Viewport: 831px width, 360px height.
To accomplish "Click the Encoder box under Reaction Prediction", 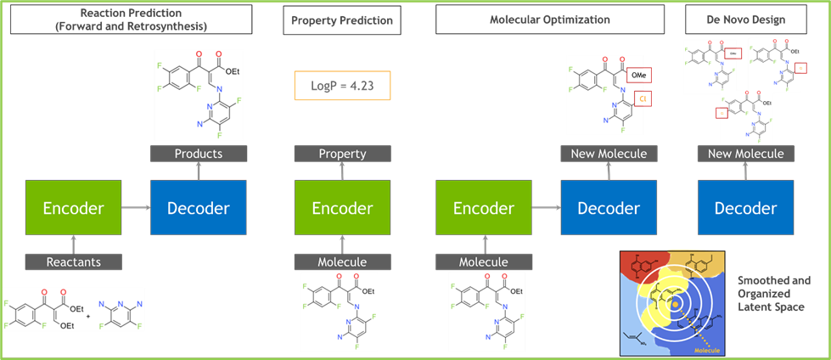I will coord(73,208).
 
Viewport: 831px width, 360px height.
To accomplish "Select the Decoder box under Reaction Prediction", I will coord(199,208).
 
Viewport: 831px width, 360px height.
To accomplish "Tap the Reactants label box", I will coord(73,262).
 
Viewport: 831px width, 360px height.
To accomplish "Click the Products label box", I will coord(199,154).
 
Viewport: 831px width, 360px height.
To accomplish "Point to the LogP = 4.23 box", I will coord(342,86).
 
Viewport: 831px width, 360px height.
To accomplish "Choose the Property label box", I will coord(342,154).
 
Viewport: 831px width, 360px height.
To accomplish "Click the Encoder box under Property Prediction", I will coord(342,208).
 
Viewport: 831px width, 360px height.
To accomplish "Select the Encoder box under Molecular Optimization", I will coord(483,208).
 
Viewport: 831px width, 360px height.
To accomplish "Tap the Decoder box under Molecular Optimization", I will coord(609,208).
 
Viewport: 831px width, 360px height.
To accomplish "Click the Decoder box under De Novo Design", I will coord(745,208).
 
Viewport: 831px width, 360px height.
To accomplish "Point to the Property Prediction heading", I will coord(342,20).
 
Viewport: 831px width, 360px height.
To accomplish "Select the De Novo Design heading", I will coord(745,19).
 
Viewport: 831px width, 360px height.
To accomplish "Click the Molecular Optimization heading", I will coord(549,20).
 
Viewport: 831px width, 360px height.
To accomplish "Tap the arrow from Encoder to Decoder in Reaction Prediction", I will coord(135,208).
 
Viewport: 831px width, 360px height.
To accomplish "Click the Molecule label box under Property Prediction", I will coord(342,262).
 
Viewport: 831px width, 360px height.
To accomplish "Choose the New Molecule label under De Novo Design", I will coord(745,154).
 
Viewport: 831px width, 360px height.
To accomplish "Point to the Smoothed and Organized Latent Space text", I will coord(773,293).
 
